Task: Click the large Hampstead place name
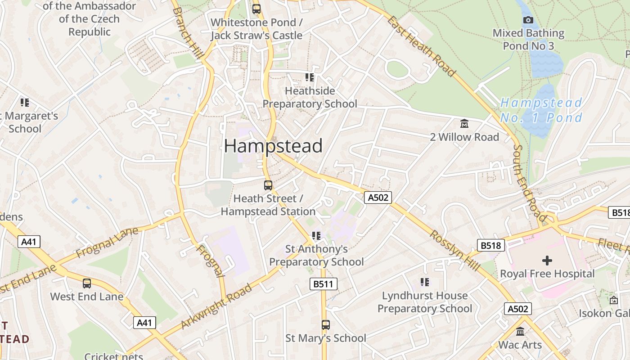click(273, 146)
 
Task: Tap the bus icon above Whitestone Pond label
click(256, 9)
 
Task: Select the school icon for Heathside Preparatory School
click(310, 77)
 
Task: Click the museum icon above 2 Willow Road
click(464, 123)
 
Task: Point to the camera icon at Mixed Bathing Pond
click(528, 20)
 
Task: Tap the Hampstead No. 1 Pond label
click(541, 110)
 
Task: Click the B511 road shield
click(323, 284)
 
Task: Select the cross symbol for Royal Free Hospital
click(547, 260)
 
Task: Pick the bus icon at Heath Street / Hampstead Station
click(268, 185)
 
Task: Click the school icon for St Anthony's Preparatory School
click(316, 235)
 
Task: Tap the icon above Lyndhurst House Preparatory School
click(425, 282)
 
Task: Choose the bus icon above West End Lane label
click(87, 283)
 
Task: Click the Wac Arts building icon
click(521, 332)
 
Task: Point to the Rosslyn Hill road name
click(454, 251)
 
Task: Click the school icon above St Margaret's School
click(25, 103)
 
